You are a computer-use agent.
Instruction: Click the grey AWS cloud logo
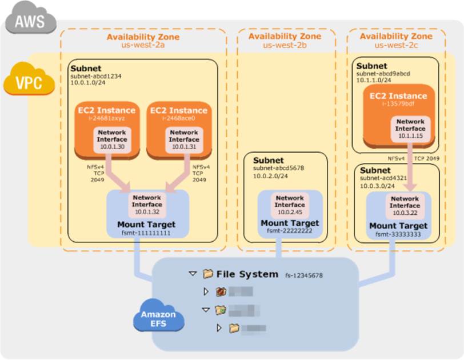click(x=30, y=22)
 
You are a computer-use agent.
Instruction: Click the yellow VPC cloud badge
click(x=28, y=82)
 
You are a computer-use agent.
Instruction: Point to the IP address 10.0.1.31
click(x=183, y=147)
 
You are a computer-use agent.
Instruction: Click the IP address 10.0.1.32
click(x=147, y=211)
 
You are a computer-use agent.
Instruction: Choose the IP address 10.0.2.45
click(x=290, y=212)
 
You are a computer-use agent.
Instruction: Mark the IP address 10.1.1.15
click(x=411, y=136)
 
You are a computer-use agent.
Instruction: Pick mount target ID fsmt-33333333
click(x=398, y=234)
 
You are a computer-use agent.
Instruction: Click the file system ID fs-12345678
click(x=305, y=275)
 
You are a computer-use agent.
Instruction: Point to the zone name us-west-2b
click(x=285, y=45)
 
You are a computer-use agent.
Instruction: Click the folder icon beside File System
click(x=207, y=274)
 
